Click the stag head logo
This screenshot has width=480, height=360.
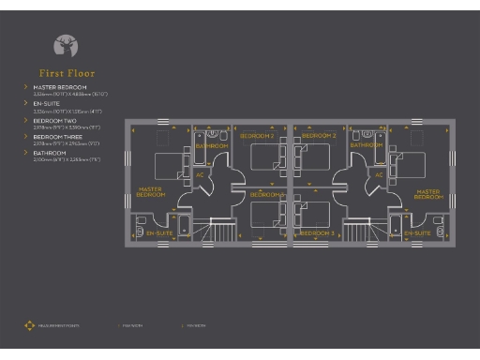67,44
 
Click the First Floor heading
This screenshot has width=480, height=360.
67,73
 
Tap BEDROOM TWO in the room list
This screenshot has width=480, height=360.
53,121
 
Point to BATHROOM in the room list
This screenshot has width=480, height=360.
51,153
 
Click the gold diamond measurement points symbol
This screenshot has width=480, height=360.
29,326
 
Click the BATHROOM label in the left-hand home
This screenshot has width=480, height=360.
212,146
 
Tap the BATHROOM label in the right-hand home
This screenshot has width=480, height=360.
367,146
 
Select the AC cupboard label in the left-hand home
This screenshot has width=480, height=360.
200,174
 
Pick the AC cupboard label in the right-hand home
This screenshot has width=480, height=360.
379,174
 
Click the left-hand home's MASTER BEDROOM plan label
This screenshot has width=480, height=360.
151,193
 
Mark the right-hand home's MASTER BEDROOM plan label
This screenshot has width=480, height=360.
428,194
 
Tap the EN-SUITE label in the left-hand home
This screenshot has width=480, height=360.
159,232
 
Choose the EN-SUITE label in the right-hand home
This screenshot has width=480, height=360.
418,232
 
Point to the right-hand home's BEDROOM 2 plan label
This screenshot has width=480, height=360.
320,137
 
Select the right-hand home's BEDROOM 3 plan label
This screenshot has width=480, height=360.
317,232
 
